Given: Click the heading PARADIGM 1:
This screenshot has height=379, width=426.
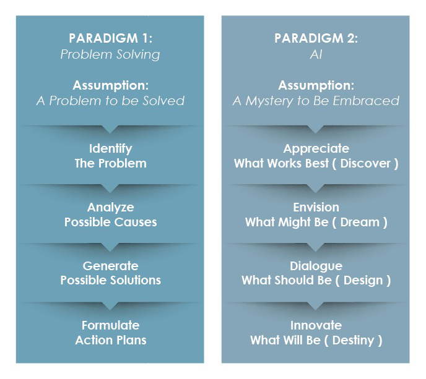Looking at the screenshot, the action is tap(110, 38).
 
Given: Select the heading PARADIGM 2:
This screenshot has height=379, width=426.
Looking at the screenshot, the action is tap(316, 38).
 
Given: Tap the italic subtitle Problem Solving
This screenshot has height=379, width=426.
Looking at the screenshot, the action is tap(110, 54).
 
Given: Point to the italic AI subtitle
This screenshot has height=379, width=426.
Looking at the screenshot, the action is tap(316, 54).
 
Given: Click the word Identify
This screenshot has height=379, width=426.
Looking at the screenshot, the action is tap(111, 148).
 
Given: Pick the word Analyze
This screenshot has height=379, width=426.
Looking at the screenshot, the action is tap(111, 208).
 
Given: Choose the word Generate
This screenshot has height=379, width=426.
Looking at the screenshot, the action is tap(111, 266).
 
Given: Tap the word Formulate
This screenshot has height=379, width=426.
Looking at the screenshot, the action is tap(111, 325).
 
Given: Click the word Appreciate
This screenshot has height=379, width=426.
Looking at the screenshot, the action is tap(316, 148).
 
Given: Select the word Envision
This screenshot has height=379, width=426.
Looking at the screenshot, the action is tap(316, 207).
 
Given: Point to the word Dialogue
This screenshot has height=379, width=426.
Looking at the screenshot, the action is tap(316, 266).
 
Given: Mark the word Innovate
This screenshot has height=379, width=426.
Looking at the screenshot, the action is tap(316, 325).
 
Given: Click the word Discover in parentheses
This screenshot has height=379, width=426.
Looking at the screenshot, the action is tap(365, 163).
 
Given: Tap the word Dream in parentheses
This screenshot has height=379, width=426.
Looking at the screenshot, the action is tap(360, 222).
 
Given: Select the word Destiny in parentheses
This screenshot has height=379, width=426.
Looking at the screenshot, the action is tap(353, 340).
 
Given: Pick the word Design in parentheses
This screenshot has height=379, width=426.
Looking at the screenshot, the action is tap(363, 281).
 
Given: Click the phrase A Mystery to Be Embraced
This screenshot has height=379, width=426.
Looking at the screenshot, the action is tap(316, 101).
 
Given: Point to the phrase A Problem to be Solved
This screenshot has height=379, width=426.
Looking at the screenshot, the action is tap(110, 101).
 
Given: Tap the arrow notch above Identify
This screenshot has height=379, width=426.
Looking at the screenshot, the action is tap(110, 129).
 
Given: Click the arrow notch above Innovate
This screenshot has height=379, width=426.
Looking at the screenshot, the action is tap(315, 306).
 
